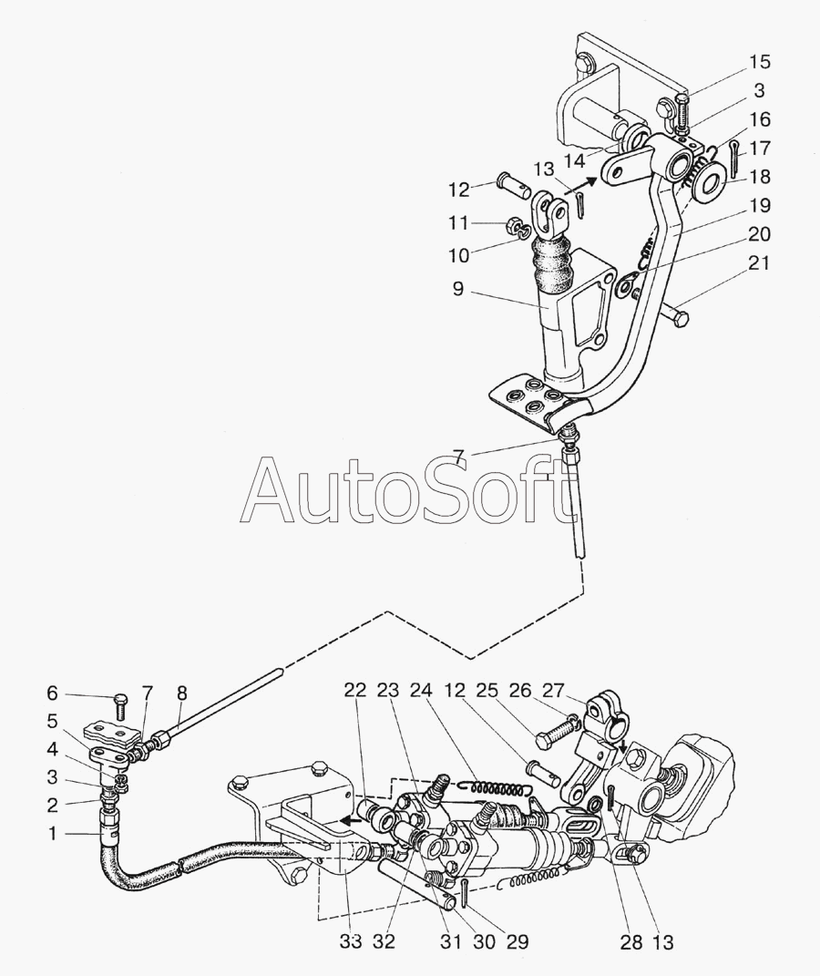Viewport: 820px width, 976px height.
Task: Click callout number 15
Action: (759, 62)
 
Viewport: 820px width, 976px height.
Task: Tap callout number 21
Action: (759, 263)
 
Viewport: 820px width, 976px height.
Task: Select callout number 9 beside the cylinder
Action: (457, 290)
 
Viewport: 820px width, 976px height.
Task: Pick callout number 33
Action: (351, 942)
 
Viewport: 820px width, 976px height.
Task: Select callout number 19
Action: (759, 205)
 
